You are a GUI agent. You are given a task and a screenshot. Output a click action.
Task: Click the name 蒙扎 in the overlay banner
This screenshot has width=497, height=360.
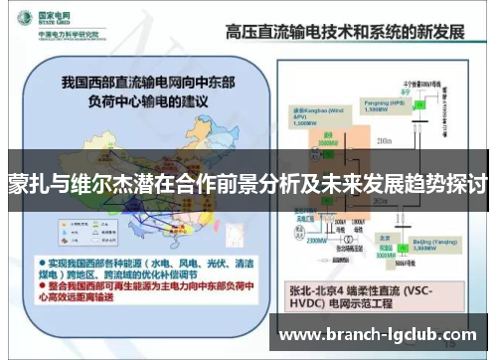pyautogui.click(x=29, y=185)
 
